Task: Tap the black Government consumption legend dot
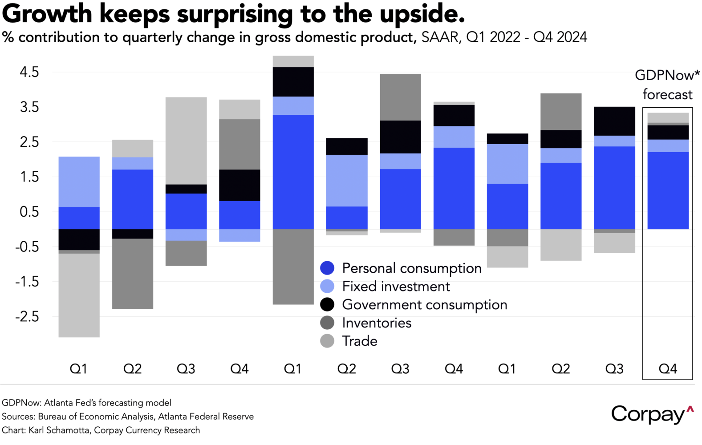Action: (x=327, y=304)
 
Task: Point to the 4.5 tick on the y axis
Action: (x=29, y=72)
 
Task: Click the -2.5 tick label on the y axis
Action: (x=27, y=317)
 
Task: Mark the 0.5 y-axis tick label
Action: (x=29, y=212)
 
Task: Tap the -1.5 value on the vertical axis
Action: (x=27, y=282)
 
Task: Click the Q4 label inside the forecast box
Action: (x=668, y=369)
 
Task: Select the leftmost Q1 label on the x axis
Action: (x=79, y=369)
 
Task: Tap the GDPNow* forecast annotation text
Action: (x=667, y=85)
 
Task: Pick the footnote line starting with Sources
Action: (x=128, y=417)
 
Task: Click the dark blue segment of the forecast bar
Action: (x=668, y=190)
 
